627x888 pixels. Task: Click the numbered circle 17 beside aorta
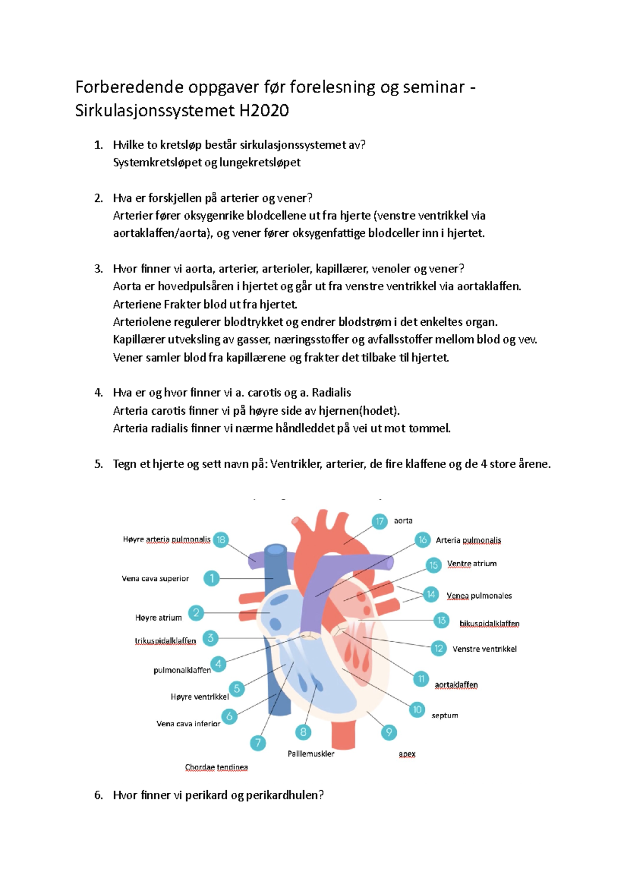(x=380, y=521)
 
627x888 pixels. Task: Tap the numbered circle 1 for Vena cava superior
(x=212, y=578)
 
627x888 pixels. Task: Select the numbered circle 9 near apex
(x=389, y=732)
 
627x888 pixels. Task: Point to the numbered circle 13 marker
(x=442, y=620)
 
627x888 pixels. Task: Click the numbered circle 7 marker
(x=258, y=743)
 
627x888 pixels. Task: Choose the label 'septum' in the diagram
(x=445, y=715)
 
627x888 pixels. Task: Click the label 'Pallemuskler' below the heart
(x=311, y=754)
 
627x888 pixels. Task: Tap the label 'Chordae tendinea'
(x=216, y=767)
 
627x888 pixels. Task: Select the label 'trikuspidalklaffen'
(x=165, y=641)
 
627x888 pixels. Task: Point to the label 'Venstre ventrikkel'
(x=484, y=649)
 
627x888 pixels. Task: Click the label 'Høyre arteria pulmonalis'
(x=167, y=539)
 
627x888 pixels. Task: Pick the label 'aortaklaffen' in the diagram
(x=456, y=685)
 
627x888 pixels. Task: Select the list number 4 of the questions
(x=98, y=393)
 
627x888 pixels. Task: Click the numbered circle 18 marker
(x=221, y=540)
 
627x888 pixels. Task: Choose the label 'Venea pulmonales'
(x=479, y=596)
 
